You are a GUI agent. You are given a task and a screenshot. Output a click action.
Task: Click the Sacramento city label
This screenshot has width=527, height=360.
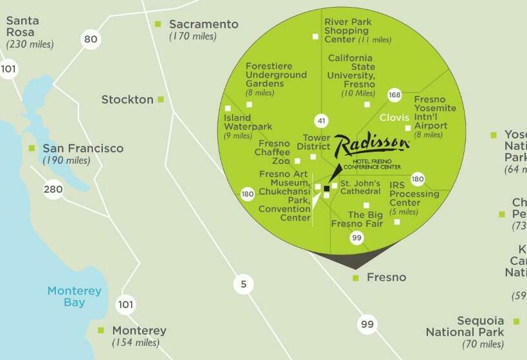click(203, 24)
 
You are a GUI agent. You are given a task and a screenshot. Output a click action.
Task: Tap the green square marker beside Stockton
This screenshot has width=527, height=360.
click(161, 99)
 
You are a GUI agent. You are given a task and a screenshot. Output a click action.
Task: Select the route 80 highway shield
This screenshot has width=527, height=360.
click(91, 39)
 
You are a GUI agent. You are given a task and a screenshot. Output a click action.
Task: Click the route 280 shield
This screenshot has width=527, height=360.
click(53, 189)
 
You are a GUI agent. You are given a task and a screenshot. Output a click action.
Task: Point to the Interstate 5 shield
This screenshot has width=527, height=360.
click(244, 284)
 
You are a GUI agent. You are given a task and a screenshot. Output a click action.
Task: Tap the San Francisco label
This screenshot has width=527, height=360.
click(83, 148)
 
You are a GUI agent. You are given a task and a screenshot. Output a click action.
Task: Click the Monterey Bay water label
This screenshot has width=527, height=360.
click(75, 296)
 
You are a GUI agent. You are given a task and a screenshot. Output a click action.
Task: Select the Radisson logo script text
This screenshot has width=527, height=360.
click(371, 145)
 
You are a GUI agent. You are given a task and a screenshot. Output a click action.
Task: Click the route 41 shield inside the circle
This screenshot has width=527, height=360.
click(321, 120)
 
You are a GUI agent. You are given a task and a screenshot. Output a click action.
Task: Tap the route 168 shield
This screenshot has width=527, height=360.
click(394, 96)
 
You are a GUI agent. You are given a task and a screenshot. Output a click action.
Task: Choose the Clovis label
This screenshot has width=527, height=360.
click(395, 118)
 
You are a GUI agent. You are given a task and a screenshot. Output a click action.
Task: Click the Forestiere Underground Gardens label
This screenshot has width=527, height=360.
click(276, 75)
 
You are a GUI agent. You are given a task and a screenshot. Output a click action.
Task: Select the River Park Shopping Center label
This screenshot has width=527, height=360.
click(348, 30)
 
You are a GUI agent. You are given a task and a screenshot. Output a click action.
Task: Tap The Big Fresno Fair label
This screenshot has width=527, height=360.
click(357, 219)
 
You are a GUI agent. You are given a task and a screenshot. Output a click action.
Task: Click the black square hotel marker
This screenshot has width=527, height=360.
click(326, 188)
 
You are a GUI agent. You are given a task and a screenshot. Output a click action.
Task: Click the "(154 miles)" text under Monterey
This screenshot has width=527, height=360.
click(136, 343)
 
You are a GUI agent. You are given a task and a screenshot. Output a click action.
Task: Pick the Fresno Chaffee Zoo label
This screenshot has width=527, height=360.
click(273, 152)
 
